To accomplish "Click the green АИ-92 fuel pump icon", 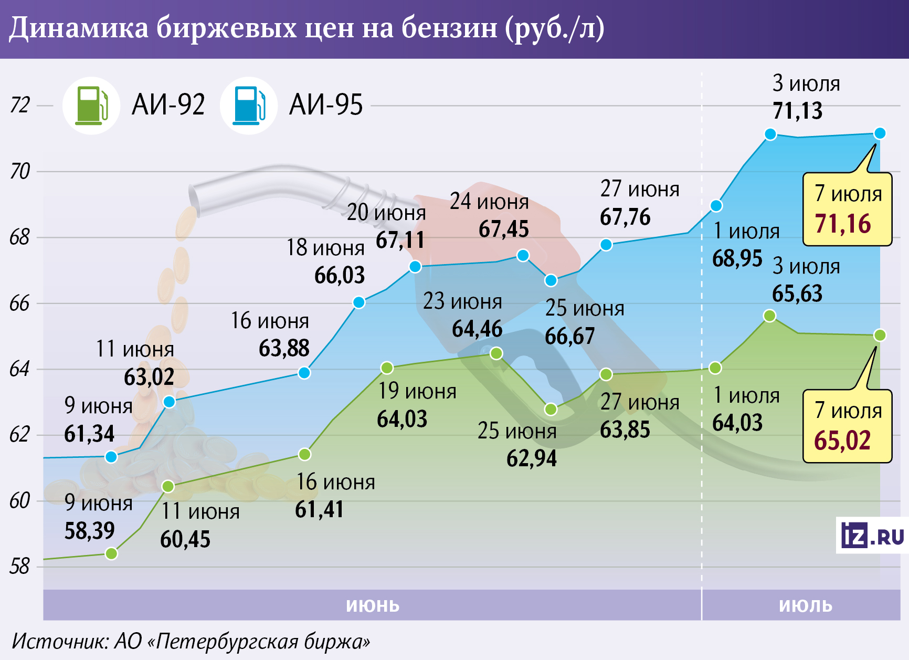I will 91,106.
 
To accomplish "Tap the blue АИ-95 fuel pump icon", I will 249,106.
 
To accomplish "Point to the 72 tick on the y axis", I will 20,105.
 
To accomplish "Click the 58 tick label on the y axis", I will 20,567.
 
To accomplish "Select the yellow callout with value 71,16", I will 847,209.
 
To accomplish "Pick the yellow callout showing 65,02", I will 847,426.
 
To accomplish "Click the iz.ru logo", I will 872,536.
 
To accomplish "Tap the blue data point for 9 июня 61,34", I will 111,457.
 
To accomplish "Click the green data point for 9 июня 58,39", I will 111,553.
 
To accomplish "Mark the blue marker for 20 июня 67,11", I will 415,267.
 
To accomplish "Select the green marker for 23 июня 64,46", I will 496,353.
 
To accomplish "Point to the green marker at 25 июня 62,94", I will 551,409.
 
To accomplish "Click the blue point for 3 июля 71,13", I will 770,134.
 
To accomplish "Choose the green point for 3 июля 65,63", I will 770,316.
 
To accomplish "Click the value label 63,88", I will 284,349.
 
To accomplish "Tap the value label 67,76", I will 625,217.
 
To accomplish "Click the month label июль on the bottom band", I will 806,605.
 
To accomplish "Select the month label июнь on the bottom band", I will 373,605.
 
